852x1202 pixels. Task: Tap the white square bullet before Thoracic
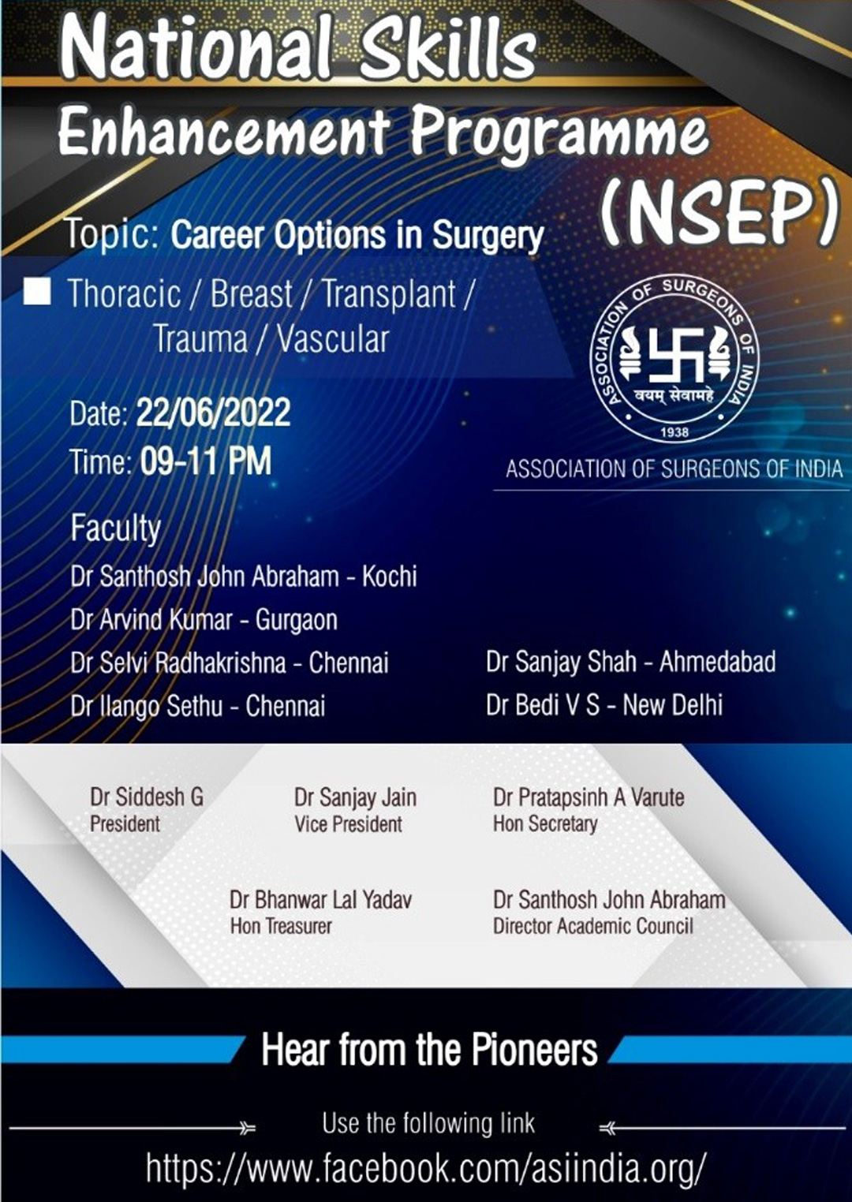coord(37,291)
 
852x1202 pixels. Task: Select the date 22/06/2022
coord(213,412)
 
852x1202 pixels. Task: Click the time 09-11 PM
coord(206,461)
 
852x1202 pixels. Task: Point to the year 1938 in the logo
coord(674,432)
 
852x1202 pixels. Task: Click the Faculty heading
coord(115,528)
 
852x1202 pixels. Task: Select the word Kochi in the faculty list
coord(390,577)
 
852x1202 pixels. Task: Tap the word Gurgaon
coord(297,620)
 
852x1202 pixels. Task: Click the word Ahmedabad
coord(717,662)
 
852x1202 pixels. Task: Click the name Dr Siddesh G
coord(147,797)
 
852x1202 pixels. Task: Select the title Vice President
coord(348,824)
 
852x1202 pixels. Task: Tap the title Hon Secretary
coord(545,823)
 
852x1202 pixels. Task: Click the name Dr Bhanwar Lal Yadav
coord(320,900)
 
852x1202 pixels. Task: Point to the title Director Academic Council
coord(593,926)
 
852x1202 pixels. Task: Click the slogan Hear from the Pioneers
coord(429,1050)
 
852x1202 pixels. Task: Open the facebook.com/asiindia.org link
coord(425,1166)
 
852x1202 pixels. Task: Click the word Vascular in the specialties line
coord(333,339)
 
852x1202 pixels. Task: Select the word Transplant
coord(388,295)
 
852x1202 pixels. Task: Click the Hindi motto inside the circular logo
coord(674,396)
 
